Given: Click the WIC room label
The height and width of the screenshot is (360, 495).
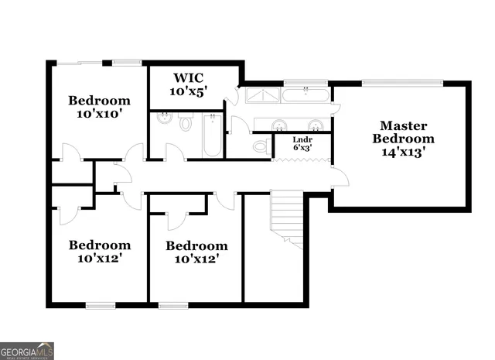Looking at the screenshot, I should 189,77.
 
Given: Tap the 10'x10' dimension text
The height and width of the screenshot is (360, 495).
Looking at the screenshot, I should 98,114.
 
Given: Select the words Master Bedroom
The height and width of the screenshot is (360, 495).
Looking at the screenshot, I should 403,132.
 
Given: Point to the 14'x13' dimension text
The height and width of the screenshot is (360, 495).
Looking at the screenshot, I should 403,153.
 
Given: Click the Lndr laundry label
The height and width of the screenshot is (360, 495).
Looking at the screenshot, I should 302,139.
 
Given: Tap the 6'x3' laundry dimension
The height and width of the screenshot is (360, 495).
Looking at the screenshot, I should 302,147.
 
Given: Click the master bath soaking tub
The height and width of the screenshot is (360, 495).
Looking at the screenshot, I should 306,96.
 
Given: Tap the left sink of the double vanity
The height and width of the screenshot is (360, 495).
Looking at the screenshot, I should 280,125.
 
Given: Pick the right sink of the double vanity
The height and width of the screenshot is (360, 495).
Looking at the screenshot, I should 316,125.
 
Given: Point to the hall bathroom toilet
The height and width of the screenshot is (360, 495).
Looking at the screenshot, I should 186,122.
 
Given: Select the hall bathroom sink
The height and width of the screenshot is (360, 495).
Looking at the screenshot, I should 164,119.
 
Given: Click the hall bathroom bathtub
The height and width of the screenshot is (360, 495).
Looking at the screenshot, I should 212,135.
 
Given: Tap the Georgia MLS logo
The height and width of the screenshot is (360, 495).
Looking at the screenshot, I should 27,350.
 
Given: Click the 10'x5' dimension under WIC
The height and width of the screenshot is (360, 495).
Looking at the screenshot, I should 189,91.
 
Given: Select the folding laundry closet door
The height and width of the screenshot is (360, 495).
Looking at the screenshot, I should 302,160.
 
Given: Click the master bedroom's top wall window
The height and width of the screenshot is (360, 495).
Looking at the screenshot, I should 402,82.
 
